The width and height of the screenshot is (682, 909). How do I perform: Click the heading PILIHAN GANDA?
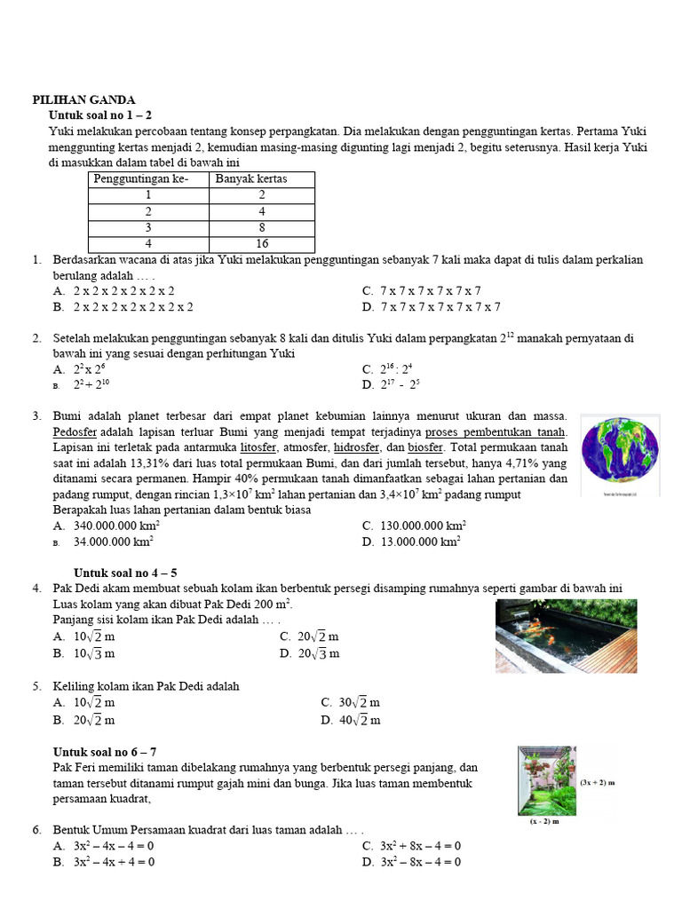coord(83,100)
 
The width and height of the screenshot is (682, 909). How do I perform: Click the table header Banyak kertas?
coord(252,179)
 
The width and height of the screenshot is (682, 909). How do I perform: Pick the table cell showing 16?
coord(262,243)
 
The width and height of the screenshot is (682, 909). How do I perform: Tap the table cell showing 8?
coord(262,227)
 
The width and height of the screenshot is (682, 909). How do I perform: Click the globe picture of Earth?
coord(620,451)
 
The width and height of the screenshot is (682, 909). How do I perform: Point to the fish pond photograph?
coord(566,636)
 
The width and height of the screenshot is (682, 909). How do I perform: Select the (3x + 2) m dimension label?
coord(598,784)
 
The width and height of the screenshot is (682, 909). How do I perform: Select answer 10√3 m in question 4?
coord(95,653)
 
